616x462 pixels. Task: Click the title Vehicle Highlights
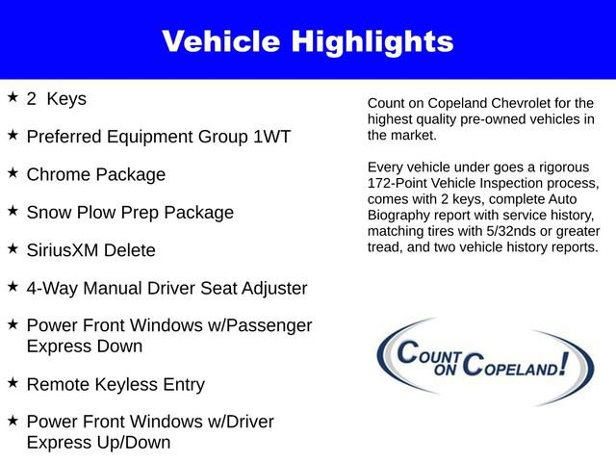(x=307, y=41)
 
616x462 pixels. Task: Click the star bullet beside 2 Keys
(x=13, y=97)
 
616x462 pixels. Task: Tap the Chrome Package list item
(x=96, y=175)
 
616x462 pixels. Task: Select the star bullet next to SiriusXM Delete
(x=13, y=248)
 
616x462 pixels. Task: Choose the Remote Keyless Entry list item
(x=115, y=385)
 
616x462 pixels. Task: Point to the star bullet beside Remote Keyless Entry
(x=13, y=383)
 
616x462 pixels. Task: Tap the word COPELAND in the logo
(x=510, y=366)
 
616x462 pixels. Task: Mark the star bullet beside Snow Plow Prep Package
(x=13, y=210)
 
